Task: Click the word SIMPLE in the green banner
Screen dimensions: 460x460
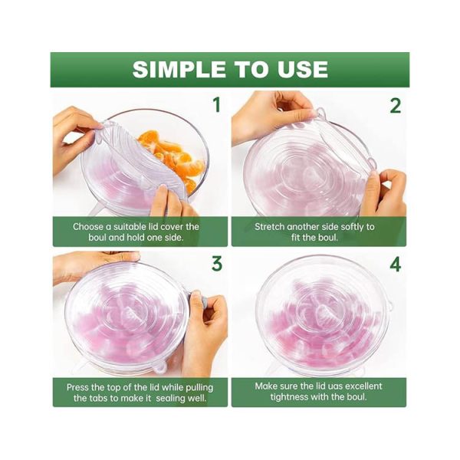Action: point(179,69)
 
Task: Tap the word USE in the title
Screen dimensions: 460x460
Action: point(303,69)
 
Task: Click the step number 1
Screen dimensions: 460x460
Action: point(216,105)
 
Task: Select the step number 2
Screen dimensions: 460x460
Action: point(395,106)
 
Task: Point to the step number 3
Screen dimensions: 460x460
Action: point(217,264)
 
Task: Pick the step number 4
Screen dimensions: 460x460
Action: point(395,264)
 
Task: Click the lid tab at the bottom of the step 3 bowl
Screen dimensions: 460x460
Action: point(159,366)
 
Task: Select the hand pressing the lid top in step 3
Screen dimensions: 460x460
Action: point(94,265)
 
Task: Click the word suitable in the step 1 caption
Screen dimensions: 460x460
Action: point(131,226)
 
